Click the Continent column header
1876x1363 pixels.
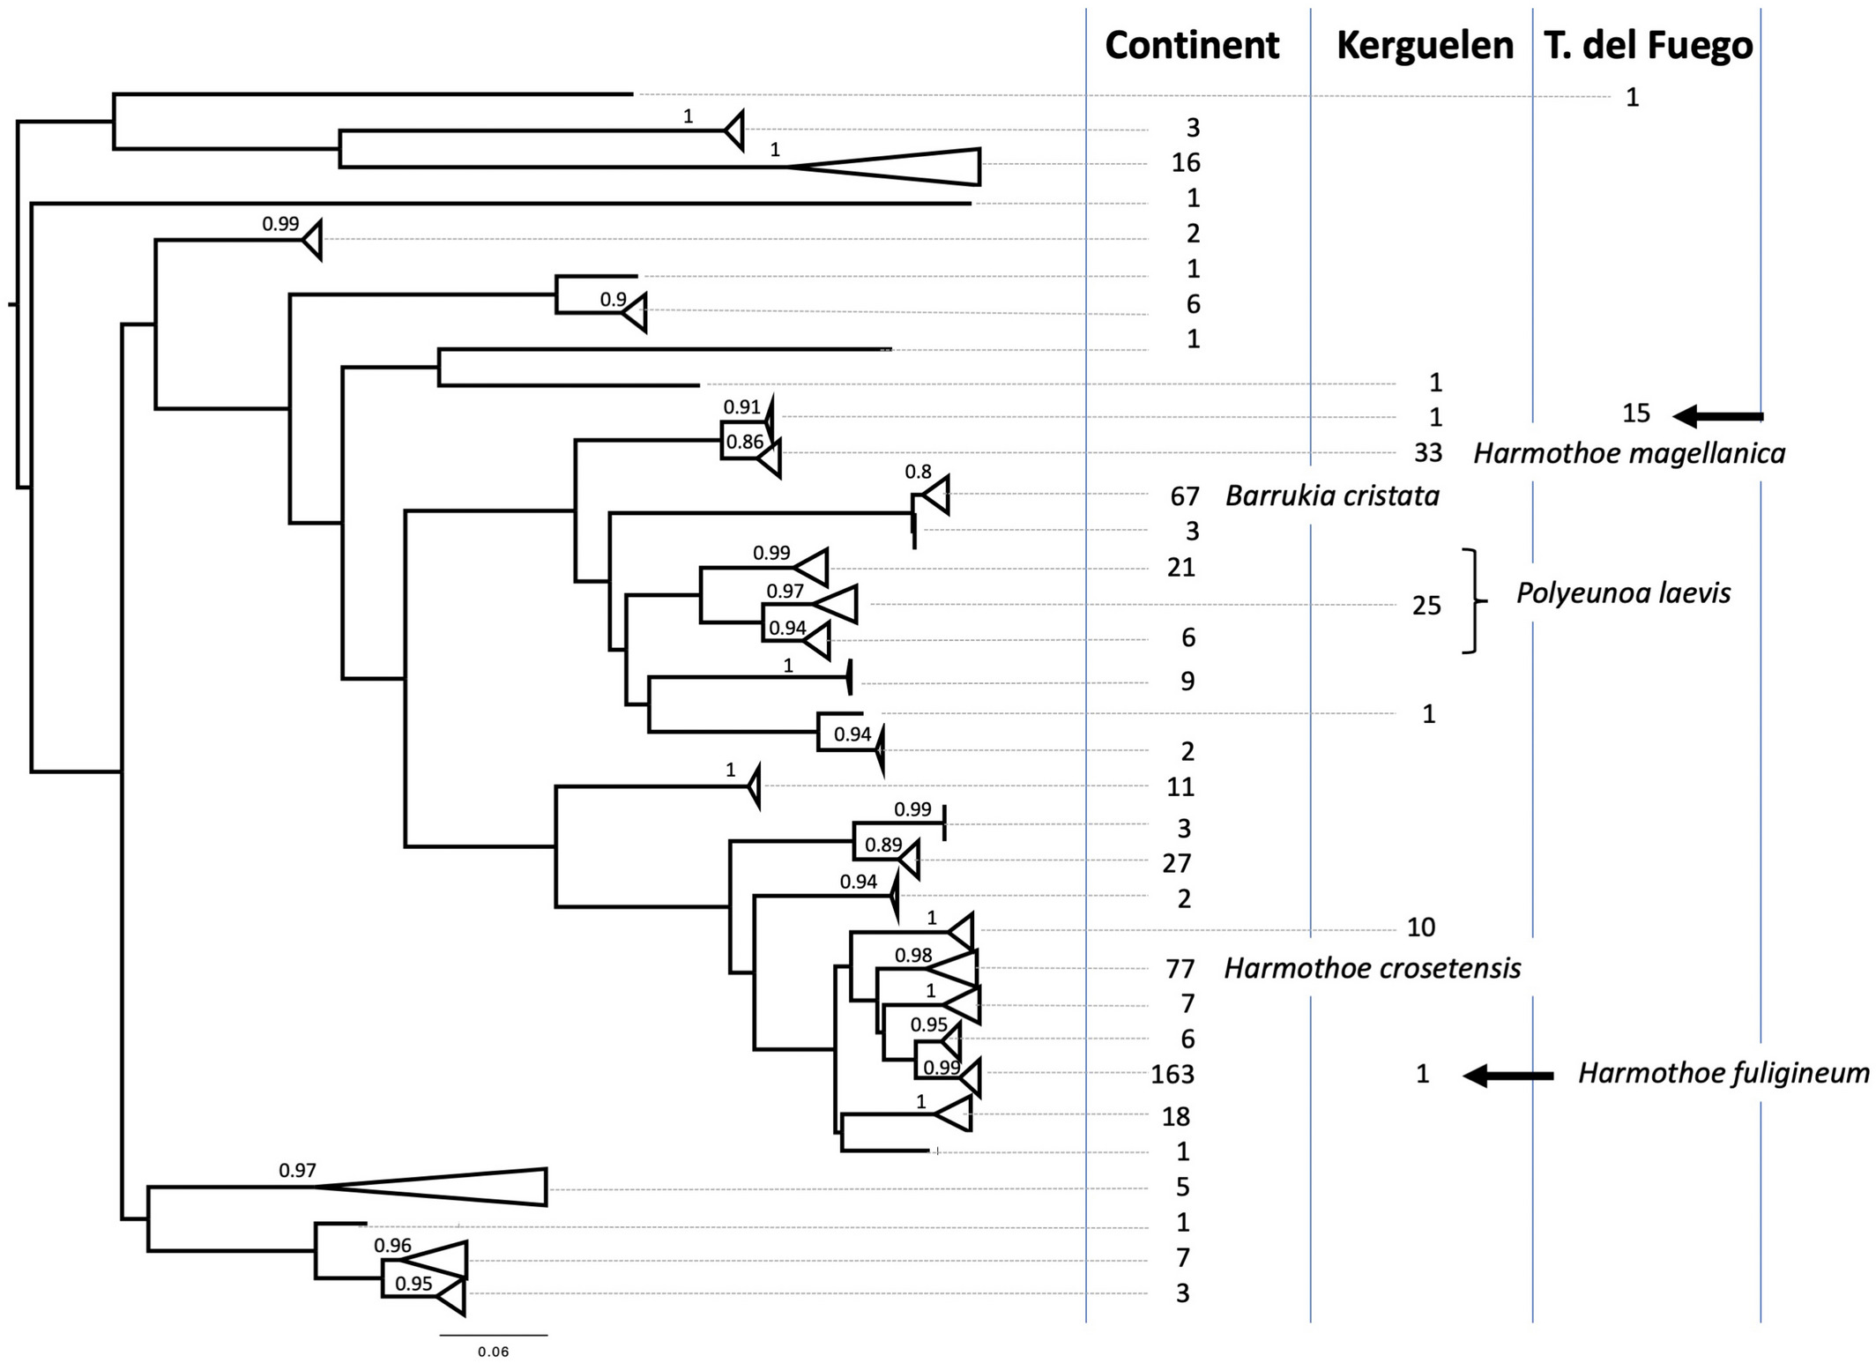1192,45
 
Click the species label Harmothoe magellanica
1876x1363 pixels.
1629,453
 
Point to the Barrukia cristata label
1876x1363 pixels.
1332,495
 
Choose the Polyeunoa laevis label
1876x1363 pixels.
1623,593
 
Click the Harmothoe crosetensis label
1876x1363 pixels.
1373,968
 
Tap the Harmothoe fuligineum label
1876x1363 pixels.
1723,1073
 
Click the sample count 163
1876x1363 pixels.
1172,1074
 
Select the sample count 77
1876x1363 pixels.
1180,969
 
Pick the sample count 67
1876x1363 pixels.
1185,496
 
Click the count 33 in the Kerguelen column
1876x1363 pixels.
1428,452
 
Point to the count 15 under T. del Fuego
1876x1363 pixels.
1636,413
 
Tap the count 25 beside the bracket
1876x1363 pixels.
1426,606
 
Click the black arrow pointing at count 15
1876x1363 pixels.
1718,415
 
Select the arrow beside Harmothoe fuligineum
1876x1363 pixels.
1508,1076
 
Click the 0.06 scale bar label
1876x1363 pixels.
494,1352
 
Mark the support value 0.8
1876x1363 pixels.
918,472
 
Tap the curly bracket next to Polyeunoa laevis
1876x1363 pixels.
1475,601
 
